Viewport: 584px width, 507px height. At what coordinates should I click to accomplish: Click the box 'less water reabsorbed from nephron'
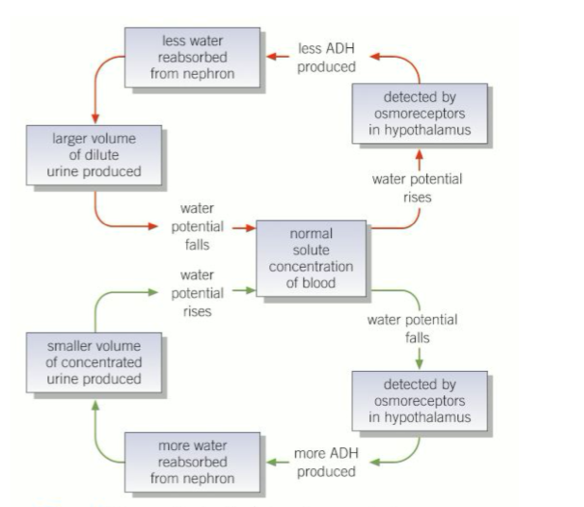point(192,57)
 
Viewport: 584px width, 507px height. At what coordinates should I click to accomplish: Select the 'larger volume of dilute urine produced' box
point(94,155)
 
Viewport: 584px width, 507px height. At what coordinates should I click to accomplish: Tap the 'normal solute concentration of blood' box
point(311,258)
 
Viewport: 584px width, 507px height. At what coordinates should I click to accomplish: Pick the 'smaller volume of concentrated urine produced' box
point(94,362)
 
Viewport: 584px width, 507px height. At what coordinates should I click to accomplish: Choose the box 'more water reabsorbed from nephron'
point(192,462)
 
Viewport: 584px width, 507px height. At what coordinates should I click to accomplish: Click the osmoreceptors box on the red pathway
point(419,114)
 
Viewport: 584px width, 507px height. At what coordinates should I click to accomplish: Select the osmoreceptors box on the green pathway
point(419,401)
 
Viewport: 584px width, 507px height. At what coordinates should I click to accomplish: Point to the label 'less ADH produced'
point(326,57)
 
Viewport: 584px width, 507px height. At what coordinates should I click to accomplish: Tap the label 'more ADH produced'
point(326,462)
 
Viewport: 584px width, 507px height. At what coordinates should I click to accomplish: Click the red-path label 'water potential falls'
point(197,227)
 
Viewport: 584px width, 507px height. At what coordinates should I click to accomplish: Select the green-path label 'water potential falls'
point(412,328)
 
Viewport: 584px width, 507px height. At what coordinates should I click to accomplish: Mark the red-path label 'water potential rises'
point(417,188)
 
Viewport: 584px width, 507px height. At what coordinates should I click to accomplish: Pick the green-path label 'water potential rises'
point(197,293)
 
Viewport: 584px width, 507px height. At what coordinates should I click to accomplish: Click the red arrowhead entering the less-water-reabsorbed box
point(271,57)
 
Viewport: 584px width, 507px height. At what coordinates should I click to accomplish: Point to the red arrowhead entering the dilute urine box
point(95,119)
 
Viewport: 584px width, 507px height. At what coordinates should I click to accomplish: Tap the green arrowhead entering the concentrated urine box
point(95,405)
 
